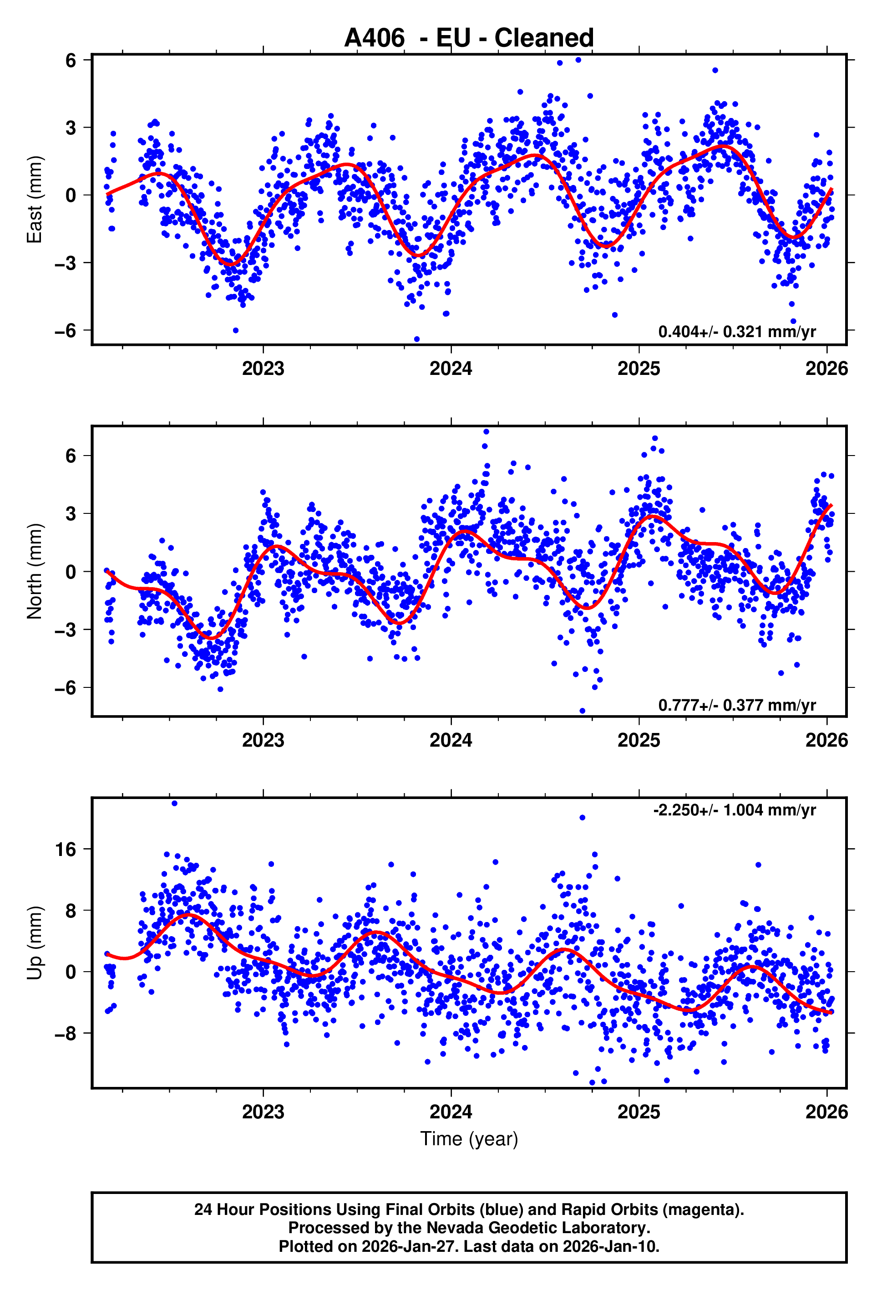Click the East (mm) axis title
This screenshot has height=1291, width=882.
pyautogui.click(x=35, y=200)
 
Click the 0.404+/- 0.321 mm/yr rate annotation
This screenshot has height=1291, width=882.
pyautogui.click(x=736, y=332)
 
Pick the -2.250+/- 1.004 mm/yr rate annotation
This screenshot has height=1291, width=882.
pyautogui.click(x=734, y=810)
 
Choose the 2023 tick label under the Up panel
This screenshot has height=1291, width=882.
pyautogui.click(x=263, y=1112)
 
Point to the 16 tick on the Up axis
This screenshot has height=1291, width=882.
pyautogui.click(x=66, y=850)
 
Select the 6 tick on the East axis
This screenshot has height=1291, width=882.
pyautogui.click(x=71, y=60)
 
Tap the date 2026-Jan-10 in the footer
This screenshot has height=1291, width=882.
pyautogui.click(x=611, y=1246)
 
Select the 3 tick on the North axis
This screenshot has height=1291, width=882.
pyautogui.click(x=71, y=513)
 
